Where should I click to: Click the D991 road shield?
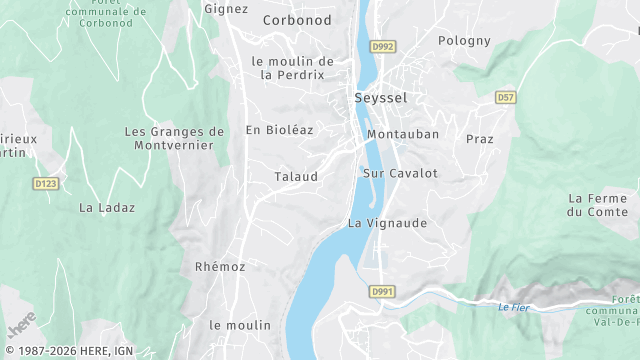click(x=380, y=291)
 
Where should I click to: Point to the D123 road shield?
click(x=45, y=184)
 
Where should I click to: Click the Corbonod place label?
click(x=296, y=19)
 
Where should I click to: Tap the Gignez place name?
click(x=225, y=9)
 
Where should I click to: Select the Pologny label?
click(x=464, y=41)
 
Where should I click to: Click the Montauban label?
click(x=403, y=134)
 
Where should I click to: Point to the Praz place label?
click(x=479, y=139)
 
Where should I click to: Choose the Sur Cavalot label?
click(x=400, y=173)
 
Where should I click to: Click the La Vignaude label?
click(x=387, y=222)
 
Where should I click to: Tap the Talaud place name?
click(x=296, y=177)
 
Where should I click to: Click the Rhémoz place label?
click(x=220, y=267)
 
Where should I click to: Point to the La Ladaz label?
click(x=107, y=208)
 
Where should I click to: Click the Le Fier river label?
click(x=511, y=307)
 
